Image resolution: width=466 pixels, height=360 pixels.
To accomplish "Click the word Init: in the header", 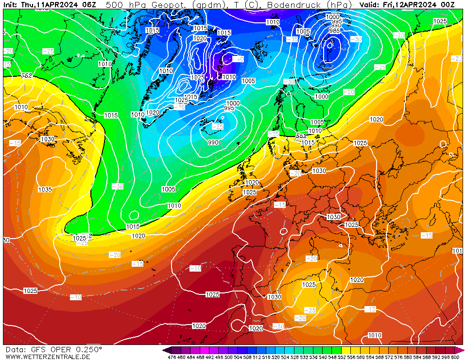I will point(11,4).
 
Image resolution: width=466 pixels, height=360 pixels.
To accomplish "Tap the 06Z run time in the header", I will point(88,4).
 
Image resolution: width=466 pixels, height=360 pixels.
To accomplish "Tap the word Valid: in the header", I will point(370,4).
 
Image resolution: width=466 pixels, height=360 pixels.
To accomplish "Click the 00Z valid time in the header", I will point(454,4).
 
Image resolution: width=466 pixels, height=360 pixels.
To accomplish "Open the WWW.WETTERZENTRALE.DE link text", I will point(47,357).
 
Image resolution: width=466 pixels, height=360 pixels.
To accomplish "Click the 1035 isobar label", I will point(45,189).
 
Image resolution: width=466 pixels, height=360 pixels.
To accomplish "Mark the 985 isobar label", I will point(334,31).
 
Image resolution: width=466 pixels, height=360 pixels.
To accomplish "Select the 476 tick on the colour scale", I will point(172,357).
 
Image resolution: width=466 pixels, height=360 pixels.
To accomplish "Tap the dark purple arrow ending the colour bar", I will point(166,350).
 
